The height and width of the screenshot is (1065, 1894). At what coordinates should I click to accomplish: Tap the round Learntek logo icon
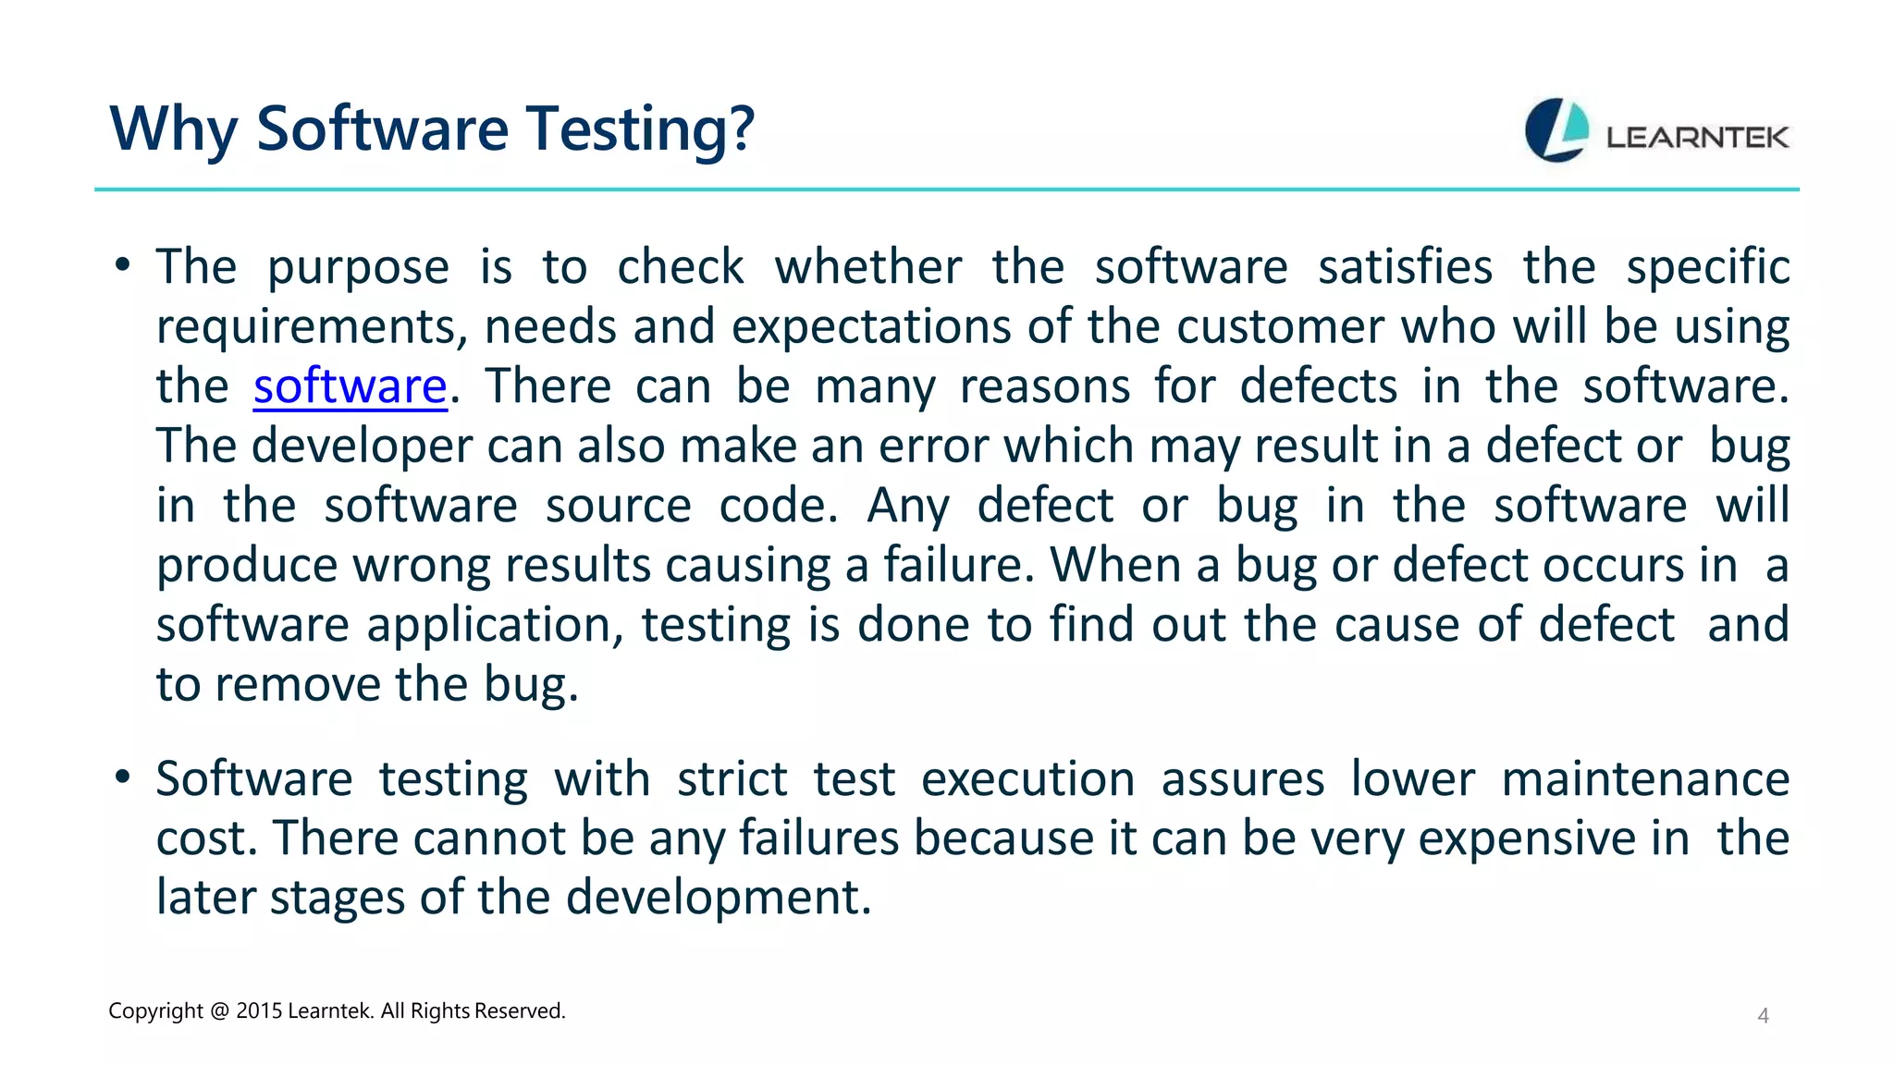click(x=1556, y=130)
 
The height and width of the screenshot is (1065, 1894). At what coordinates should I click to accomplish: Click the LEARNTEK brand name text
click(x=1697, y=138)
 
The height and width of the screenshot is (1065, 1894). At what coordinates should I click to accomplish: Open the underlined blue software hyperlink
click(x=351, y=386)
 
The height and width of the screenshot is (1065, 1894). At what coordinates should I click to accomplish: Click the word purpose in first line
click(x=358, y=268)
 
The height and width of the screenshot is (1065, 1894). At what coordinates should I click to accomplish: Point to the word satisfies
click(x=1405, y=268)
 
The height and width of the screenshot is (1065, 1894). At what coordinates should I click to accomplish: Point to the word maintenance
click(x=1645, y=779)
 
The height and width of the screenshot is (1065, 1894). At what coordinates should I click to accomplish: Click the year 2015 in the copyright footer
click(x=259, y=1011)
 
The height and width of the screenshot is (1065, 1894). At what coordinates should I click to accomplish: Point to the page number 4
click(x=1763, y=1016)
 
